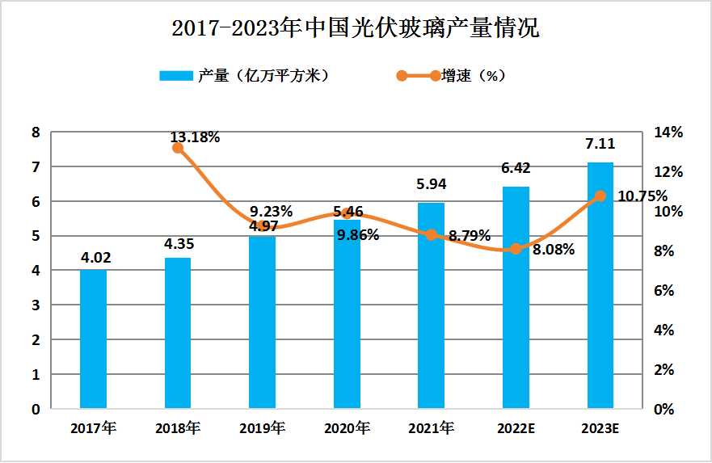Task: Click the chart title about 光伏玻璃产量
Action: coord(356,29)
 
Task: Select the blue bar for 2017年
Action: coord(94,339)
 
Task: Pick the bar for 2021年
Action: coord(431,306)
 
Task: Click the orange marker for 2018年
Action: coord(178,148)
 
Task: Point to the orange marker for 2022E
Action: coord(516,249)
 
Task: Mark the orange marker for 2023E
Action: coord(600,196)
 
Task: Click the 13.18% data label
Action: coord(195,137)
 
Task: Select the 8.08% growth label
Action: coord(554,250)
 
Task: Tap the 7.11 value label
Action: coord(600,145)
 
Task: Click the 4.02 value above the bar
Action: coord(95,259)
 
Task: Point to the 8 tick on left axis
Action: coord(36,133)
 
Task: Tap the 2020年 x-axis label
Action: coord(347,429)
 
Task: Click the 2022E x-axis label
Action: coord(515,429)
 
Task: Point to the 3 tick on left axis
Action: coord(36,305)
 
